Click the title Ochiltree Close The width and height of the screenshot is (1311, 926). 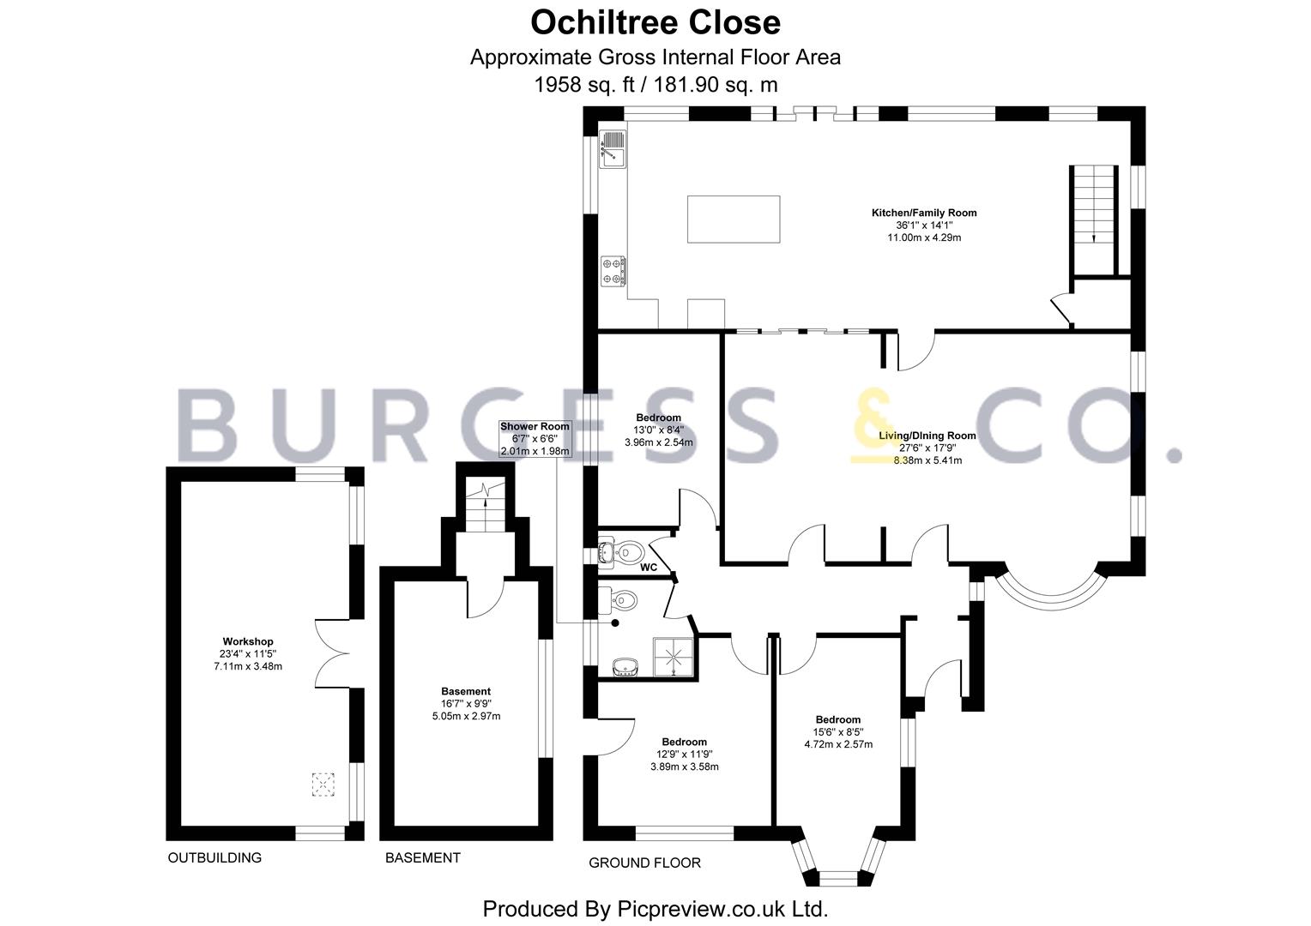click(x=655, y=23)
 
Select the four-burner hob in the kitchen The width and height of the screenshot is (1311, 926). click(x=613, y=272)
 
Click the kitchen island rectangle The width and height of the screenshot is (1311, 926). click(x=734, y=219)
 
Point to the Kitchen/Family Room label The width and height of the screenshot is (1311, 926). click(x=923, y=213)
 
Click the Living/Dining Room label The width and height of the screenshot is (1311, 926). click(x=927, y=436)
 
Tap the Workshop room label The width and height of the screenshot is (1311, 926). click(x=248, y=641)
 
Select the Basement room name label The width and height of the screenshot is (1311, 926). click(x=466, y=691)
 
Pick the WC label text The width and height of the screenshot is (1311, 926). click(x=649, y=567)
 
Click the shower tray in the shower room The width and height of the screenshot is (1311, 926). click(x=674, y=658)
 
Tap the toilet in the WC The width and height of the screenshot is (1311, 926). click(x=626, y=551)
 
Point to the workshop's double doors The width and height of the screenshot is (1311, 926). click(x=332, y=653)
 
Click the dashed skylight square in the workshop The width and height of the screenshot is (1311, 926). click(x=323, y=785)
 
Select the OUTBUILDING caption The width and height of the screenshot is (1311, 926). click(x=214, y=857)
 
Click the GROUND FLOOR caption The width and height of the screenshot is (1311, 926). click(x=644, y=863)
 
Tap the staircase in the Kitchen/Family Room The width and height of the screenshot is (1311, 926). click(x=1094, y=220)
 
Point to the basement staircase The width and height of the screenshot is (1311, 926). click(x=485, y=503)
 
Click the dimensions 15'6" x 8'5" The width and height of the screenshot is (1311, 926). click(x=838, y=731)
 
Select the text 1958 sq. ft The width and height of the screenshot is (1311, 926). click(x=584, y=86)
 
